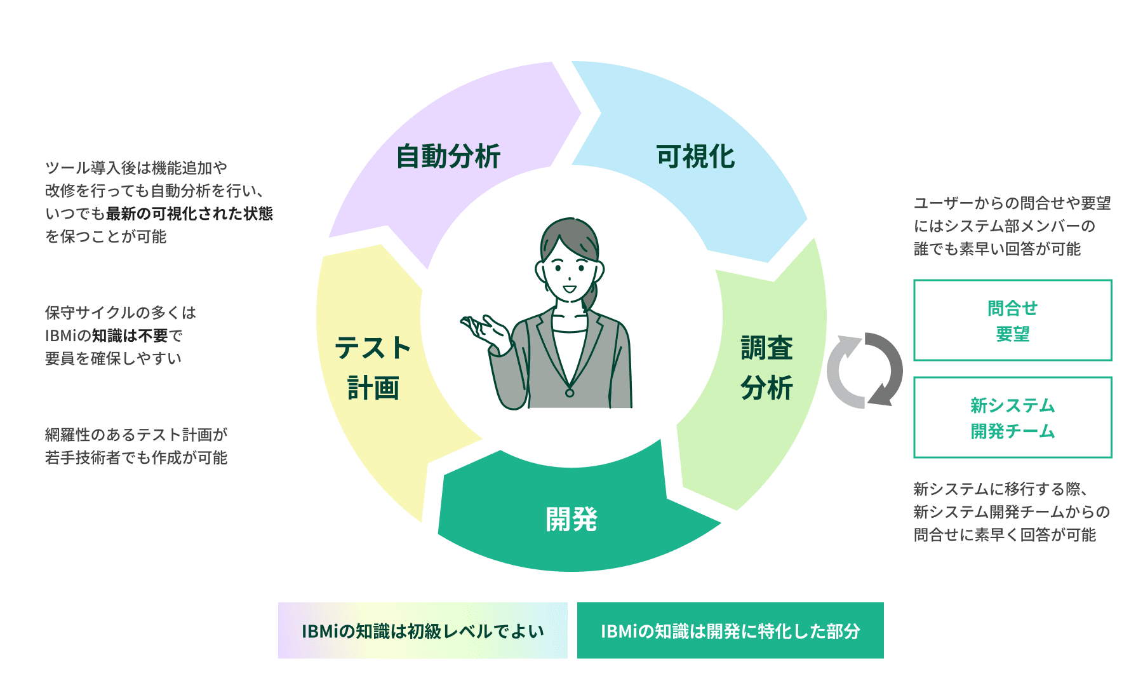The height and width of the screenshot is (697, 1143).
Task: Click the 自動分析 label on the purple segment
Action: click(x=448, y=156)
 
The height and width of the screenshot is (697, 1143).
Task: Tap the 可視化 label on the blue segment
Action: click(x=695, y=156)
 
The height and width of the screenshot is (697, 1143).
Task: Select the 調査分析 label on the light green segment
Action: click(x=766, y=368)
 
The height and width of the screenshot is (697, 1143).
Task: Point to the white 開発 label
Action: click(x=571, y=519)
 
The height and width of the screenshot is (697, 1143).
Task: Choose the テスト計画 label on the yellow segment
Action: click(x=373, y=368)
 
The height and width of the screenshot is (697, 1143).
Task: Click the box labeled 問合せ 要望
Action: click(x=1012, y=320)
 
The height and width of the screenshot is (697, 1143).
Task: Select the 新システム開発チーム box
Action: click(x=1012, y=417)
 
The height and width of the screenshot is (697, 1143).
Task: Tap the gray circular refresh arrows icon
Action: click(x=864, y=370)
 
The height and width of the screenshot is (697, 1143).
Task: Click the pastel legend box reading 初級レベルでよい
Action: click(x=422, y=630)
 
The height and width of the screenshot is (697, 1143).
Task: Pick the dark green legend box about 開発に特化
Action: click(x=730, y=630)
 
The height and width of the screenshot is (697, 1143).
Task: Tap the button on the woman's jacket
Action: click(x=570, y=393)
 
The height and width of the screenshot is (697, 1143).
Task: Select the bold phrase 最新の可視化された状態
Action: click(x=189, y=213)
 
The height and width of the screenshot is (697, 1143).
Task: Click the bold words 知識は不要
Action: click(x=130, y=335)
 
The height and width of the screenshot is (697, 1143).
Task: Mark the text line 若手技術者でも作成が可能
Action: click(x=136, y=457)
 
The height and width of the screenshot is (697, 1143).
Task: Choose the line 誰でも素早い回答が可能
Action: click(x=997, y=249)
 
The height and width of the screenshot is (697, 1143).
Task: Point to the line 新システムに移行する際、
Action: click(x=1001, y=489)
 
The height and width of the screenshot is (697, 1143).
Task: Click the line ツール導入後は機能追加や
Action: click(x=136, y=168)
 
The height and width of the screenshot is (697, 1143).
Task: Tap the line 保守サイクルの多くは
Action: click(x=121, y=313)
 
